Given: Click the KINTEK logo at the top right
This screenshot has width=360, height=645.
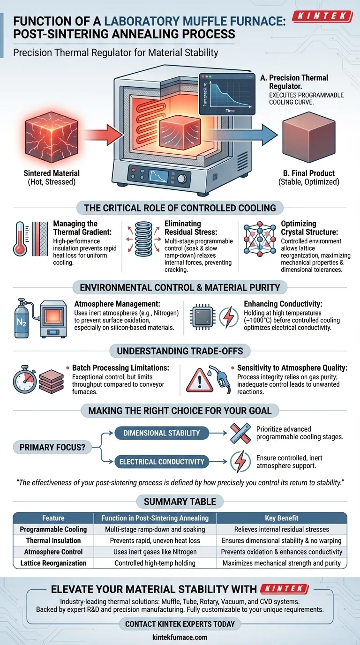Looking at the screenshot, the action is (x=322, y=16).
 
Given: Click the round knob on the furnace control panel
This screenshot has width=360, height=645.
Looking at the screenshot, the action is (x=182, y=179).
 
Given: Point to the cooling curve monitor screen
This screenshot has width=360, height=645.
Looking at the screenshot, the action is (x=227, y=94).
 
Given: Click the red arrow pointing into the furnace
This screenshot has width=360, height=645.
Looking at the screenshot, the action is (x=104, y=135).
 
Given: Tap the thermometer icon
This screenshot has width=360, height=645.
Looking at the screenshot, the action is (x=20, y=239).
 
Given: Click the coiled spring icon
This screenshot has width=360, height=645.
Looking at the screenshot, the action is (x=143, y=239).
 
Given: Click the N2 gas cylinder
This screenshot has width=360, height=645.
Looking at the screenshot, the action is (x=22, y=318).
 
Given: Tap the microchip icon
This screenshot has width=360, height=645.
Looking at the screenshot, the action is (x=203, y=317).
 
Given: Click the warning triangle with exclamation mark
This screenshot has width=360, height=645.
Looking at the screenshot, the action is (x=200, y=380).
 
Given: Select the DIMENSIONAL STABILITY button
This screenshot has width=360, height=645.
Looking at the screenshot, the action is (x=162, y=433).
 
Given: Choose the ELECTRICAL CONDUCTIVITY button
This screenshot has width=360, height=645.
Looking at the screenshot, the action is (x=162, y=462).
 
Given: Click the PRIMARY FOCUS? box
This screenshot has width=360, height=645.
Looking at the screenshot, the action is (x=52, y=447).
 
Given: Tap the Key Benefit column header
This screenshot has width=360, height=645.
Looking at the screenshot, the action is (x=281, y=518).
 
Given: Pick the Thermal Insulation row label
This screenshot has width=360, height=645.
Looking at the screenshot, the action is (x=53, y=540).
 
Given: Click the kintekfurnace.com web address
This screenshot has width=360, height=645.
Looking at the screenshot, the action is (x=180, y=637).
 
